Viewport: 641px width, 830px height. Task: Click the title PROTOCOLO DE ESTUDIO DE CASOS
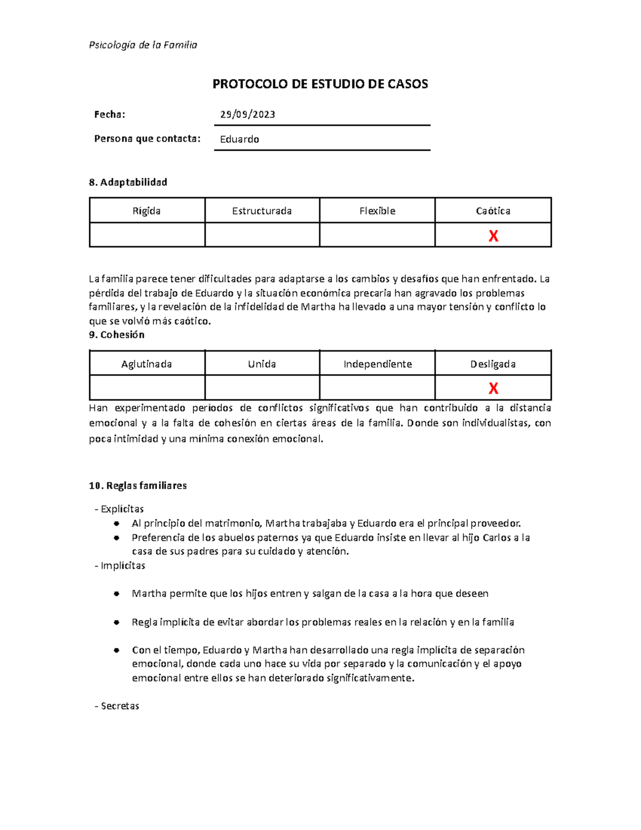point(320,84)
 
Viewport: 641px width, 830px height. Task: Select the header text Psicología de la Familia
point(143,45)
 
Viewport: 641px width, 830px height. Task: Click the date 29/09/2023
point(247,114)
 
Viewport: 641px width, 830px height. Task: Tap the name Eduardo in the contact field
point(239,139)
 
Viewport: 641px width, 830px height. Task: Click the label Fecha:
point(110,114)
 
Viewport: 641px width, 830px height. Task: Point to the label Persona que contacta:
point(147,138)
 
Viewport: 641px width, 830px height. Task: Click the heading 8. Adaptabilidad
point(128,182)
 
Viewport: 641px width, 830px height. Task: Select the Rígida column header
point(147,211)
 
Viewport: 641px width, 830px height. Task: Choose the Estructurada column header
point(262,211)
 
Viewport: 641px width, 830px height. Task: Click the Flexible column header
point(377,211)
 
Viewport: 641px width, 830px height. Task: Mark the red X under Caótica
point(493,236)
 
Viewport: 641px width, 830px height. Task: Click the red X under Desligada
point(493,388)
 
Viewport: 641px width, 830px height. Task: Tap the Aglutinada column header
point(147,364)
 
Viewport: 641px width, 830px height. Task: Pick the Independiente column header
point(377,364)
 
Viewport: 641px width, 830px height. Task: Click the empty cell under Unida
point(262,387)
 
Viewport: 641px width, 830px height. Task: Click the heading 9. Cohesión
point(116,335)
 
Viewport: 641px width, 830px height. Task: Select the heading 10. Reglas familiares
point(138,485)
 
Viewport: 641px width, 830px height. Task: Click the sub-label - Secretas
point(117,705)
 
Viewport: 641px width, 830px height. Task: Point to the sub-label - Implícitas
point(120,565)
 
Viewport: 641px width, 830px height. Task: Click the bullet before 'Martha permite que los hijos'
point(116,594)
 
